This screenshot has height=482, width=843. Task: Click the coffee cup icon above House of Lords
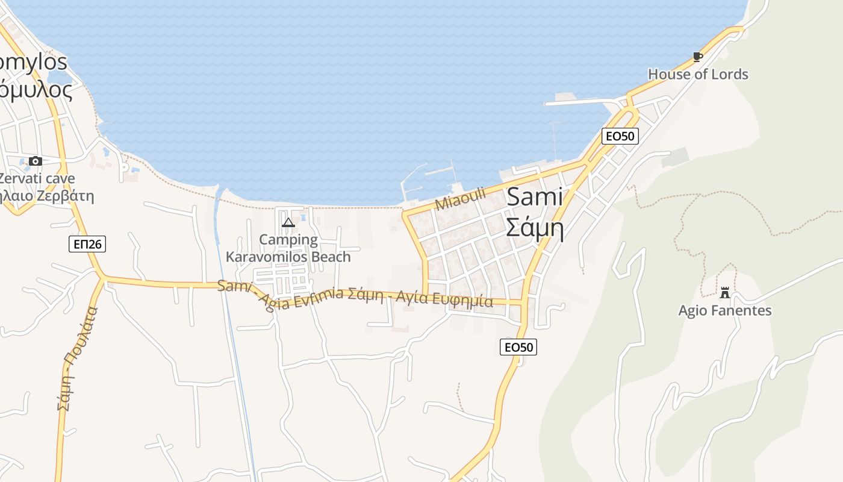[x=698, y=57]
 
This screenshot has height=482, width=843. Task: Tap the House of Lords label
[x=698, y=74]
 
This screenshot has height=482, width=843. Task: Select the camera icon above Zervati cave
[x=36, y=161]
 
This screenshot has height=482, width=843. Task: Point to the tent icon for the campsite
[x=288, y=223]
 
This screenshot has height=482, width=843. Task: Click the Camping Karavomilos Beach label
[x=288, y=248]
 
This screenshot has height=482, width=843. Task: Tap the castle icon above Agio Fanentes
[x=725, y=293]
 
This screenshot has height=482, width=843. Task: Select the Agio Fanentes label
[x=725, y=311]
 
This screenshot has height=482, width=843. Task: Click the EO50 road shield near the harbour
[x=620, y=136]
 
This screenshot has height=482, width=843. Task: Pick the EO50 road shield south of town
[x=518, y=346]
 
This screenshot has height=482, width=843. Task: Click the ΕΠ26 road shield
[x=87, y=244]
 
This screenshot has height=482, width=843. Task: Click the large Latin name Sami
[x=535, y=197]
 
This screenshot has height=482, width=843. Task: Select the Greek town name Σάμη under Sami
[x=535, y=228]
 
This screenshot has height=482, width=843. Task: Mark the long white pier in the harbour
[x=581, y=102]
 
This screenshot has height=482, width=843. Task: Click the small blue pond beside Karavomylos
[x=60, y=79]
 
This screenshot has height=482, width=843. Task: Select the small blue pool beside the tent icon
[x=303, y=217]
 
